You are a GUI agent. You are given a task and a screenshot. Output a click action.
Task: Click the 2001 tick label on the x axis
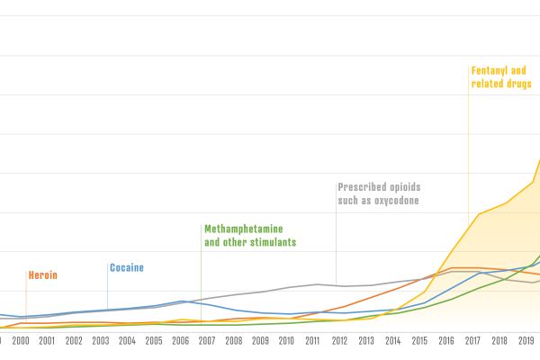tap(47, 342)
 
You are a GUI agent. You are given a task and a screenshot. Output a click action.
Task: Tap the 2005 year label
tap(154, 342)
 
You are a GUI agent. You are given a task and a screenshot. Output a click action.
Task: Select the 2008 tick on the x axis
tap(234, 342)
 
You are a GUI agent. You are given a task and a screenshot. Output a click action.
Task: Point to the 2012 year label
tap(340, 342)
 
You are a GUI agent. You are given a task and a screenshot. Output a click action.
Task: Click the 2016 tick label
tap(447, 342)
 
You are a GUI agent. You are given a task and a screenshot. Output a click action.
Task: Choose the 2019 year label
tap(527, 342)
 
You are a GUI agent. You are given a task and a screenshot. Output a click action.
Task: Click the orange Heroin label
tap(43, 274)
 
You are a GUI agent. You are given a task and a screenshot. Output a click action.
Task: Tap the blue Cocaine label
tap(126, 267)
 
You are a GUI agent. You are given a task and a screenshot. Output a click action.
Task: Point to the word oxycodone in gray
tap(392, 201)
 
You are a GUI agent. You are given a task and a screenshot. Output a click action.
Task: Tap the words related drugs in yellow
tap(501, 84)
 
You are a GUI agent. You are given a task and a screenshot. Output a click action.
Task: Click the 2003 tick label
tap(100, 342)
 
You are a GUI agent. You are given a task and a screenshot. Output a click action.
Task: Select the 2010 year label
tap(287, 342)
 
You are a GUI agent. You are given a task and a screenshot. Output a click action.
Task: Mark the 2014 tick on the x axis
tap(394, 342)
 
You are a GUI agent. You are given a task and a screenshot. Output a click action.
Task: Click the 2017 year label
tap(474, 342)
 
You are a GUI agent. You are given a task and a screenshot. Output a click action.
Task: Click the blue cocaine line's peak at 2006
tap(182, 301)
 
